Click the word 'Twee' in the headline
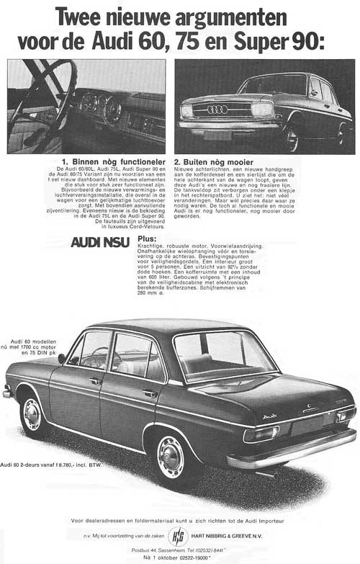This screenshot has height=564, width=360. (x=81, y=16)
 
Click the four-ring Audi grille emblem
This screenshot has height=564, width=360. (x=217, y=109)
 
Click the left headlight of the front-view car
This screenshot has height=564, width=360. (x=187, y=111)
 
